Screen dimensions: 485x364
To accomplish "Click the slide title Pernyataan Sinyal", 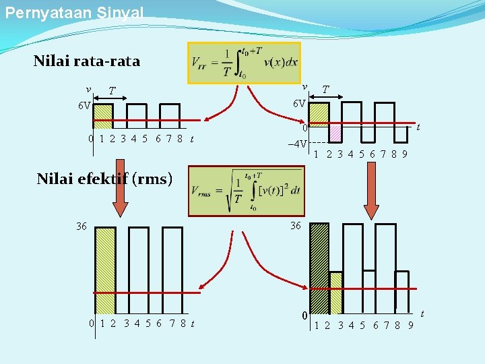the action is tap(74, 13).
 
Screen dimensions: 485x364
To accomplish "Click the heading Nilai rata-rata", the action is tap(87, 61).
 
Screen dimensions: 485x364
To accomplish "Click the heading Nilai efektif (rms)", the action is tap(104, 179).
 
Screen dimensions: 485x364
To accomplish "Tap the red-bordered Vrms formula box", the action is tap(245, 191).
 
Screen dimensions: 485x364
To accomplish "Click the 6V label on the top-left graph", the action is tap(84, 106).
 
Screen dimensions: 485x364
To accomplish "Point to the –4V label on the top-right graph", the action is tap(297, 144).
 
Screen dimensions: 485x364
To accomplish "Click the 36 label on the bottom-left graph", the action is tap(82, 226).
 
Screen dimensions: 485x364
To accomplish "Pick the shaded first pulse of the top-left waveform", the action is tap(102, 115).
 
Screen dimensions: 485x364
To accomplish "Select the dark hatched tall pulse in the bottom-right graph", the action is tap(319, 268).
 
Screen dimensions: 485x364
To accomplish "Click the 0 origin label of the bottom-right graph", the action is tap(304, 315).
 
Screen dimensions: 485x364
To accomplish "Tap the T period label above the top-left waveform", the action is tap(112, 91).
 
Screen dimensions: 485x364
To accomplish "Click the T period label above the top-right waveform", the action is tap(325, 89).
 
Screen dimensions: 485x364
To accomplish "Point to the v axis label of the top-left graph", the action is tap(88, 89).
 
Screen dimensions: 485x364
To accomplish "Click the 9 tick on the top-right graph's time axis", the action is tap(403, 154).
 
